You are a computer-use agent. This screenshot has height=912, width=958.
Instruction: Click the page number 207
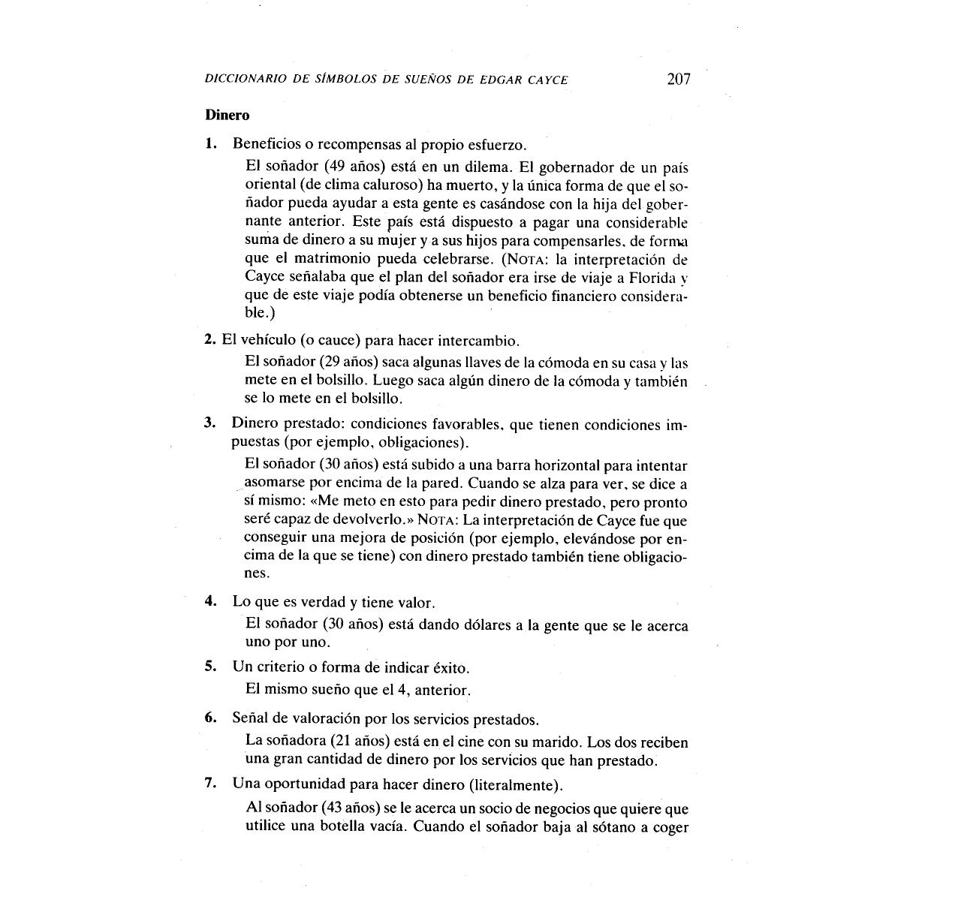[x=678, y=78]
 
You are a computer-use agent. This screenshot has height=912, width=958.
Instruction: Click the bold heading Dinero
[x=227, y=116]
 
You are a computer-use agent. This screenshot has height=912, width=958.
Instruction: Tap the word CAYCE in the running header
[x=545, y=80]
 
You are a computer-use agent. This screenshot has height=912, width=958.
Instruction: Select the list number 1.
[x=211, y=143]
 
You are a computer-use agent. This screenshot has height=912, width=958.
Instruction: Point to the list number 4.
[x=211, y=602]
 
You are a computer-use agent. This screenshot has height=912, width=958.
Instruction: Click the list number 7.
[x=211, y=784]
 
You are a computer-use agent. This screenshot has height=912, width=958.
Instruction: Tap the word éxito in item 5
[x=450, y=667]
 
